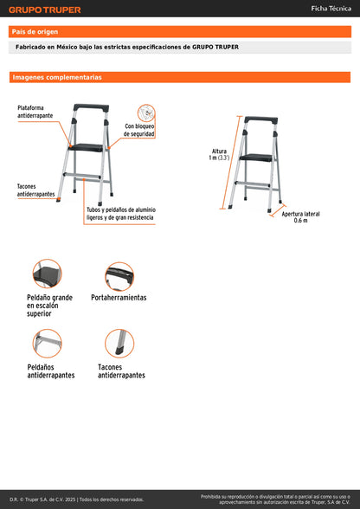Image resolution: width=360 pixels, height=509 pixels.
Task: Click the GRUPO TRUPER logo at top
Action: coord(45,10)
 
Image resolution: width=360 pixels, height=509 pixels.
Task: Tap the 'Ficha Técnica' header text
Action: coord(331,9)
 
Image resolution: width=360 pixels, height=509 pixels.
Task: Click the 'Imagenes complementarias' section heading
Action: coord(56,78)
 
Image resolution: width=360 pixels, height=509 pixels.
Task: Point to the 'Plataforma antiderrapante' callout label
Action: coord(35,112)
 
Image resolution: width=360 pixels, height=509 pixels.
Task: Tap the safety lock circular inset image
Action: coord(146,113)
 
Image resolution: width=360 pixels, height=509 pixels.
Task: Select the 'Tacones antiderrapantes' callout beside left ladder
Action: coord(35,190)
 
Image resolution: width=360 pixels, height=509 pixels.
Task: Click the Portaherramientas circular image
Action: coord(119,276)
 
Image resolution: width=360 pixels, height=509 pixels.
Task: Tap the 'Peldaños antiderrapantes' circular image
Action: coord(48,343)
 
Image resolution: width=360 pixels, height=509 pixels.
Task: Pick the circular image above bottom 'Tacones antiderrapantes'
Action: coord(119,344)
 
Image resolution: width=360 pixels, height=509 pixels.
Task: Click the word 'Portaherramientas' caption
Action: coord(119,297)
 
